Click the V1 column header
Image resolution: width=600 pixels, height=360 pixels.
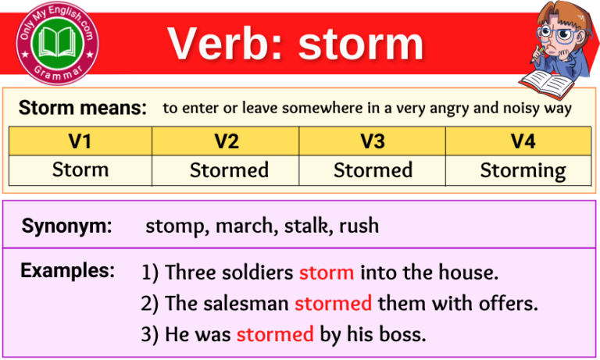(80, 141)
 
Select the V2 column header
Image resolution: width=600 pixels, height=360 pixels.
(226, 141)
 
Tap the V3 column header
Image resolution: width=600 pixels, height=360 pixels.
(373, 141)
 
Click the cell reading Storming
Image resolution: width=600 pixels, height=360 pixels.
(523, 170)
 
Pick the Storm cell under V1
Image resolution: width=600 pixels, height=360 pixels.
(80, 169)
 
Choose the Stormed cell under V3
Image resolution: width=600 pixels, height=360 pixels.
(373, 170)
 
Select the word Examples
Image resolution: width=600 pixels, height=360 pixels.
(67, 271)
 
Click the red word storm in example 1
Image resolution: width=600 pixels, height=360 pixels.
(327, 273)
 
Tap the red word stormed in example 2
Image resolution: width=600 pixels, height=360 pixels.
(333, 303)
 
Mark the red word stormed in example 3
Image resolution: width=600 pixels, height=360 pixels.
(274, 334)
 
